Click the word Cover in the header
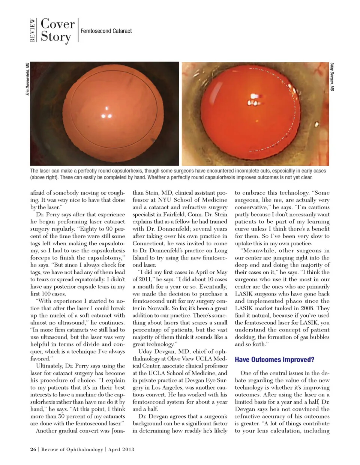(57, 24)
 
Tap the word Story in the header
(56, 37)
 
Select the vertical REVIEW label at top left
(33, 30)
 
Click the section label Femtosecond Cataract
(106, 31)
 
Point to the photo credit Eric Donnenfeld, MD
(27, 79)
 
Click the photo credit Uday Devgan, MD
(332, 77)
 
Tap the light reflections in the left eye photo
(106, 113)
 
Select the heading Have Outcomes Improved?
(274, 360)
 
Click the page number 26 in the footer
(33, 449)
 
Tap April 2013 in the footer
(121, 449)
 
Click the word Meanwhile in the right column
(259, 250)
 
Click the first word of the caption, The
(34, 171)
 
